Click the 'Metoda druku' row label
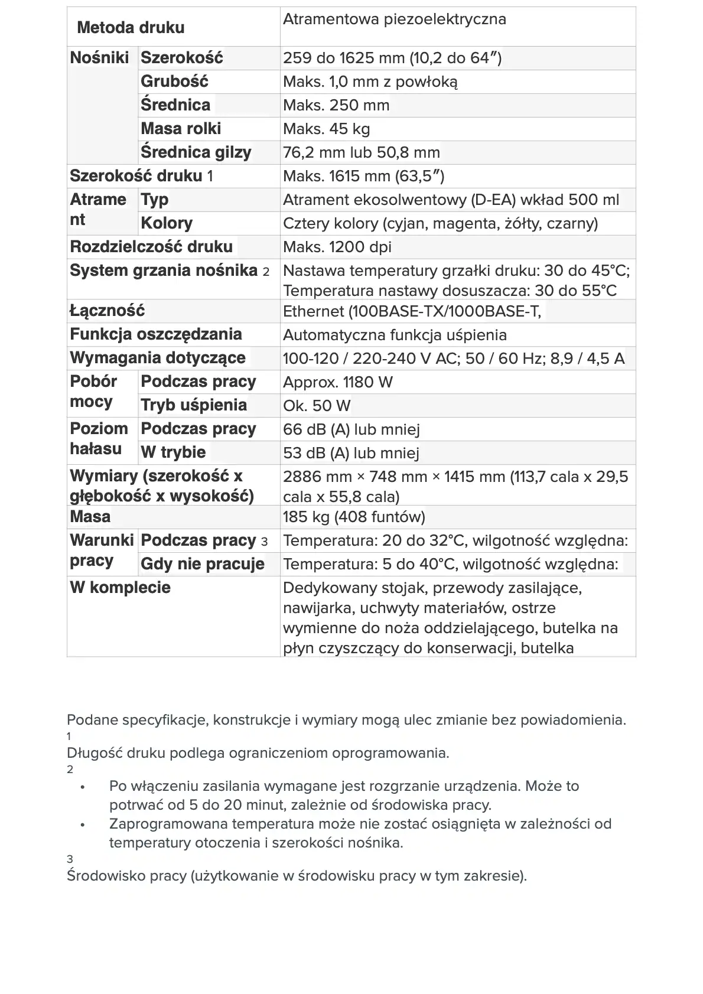(x=131, y=28)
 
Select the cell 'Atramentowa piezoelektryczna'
(x=394, y=19)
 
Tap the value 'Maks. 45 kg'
(x=326, y=129)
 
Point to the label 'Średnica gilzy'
(x=196, y=152)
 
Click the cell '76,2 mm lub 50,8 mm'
(x=361, y=152)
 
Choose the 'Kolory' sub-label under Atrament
(x=166, y=223)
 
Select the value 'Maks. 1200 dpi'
(x=337, y=247)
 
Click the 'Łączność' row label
(x=107, y=311)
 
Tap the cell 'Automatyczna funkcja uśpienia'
(x=394, y=335)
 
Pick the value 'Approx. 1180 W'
(x=337, y=382)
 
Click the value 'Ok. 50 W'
(x=316, y=406)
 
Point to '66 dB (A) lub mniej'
(x=351, y=429)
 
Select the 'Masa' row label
(x=90, y=517)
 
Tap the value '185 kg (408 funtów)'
(x=353, y=517)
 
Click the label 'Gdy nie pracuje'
(x=202, y=564)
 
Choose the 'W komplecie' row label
(x=120, y=588)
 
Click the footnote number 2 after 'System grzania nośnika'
(x=266, y=272)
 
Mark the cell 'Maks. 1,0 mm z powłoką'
(x=370, y=82)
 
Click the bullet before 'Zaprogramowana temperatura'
(x=83, y=824)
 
